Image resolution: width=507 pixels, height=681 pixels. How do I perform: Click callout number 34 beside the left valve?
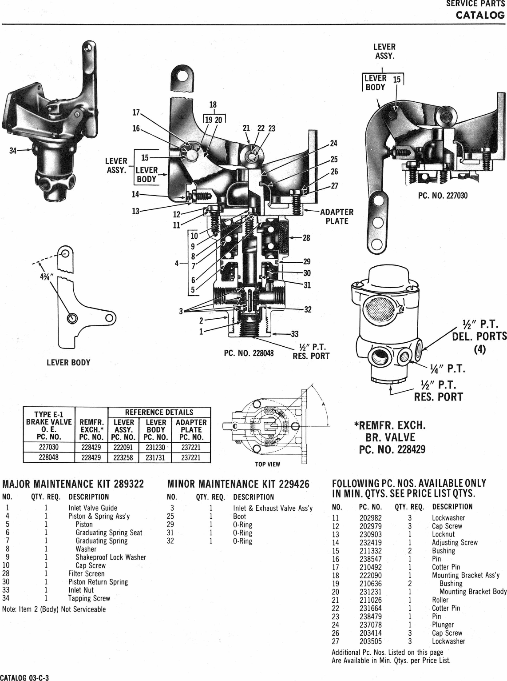(13, 150)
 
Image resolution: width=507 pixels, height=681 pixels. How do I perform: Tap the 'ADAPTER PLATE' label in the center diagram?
(337, 216)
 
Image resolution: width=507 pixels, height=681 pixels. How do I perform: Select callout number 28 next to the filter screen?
(306, 238)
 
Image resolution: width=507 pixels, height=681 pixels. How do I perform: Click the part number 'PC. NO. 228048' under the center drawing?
(249, 353)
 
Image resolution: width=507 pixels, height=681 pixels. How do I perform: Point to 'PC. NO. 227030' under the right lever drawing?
(443, 196)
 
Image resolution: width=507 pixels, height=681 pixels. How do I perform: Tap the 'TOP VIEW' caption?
(267, 464)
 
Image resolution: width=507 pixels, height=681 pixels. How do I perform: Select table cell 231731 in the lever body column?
(155, 457)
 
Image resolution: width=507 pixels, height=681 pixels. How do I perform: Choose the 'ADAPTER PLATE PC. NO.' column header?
(191, 429)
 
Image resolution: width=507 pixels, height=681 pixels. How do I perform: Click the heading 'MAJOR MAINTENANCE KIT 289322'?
(73, 484)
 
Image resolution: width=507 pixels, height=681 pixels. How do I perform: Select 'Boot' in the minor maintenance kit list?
(239, 517)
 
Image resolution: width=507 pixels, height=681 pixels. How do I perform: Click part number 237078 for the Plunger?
(369, 625)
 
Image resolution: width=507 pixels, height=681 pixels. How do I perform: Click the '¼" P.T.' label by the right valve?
(447, 369)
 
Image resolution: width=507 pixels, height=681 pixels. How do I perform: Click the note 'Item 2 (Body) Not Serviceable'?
(54, 609)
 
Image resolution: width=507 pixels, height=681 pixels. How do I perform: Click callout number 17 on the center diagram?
(136, 112)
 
